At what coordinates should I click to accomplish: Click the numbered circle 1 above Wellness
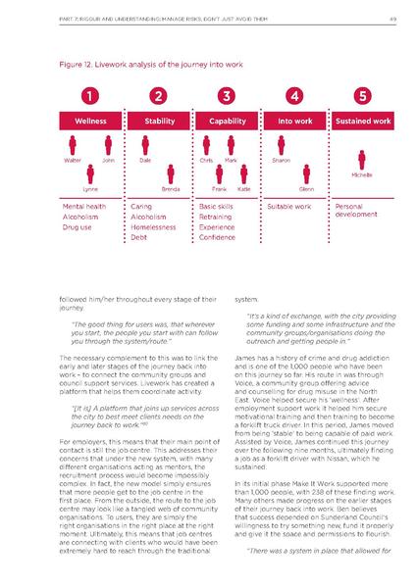coord(89,96)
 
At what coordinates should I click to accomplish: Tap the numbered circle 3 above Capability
coord(227,96)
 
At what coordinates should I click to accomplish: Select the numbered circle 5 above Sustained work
coord(363,96)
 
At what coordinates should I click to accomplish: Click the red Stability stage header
coord(159,122)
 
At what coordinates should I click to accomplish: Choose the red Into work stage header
coord(294,122)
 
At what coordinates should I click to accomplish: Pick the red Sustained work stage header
coord(363,122)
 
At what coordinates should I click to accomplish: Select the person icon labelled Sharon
coord(281,145)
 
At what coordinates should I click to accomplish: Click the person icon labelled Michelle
coord(363,157)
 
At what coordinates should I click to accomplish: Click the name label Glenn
coord(306,187)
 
